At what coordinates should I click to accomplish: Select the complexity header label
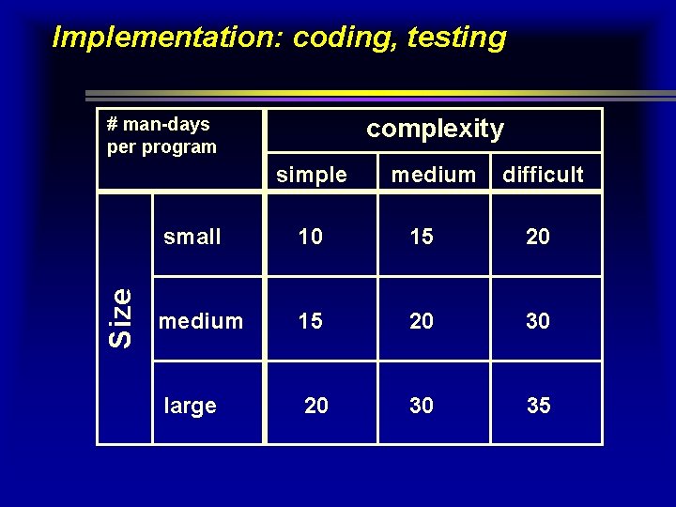[435, 129]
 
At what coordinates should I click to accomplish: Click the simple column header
[312, 175]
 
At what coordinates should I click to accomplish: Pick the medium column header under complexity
[434, 175]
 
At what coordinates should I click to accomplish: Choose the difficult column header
[543, 175]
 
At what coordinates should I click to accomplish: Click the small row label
[192, 237]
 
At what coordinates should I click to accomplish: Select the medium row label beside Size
[201, 321]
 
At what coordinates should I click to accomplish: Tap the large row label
[191, 406]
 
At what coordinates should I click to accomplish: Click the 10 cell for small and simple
[311, 237]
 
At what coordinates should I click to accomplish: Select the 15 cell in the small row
[422, 237]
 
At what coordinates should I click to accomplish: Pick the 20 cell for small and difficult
[538, 237]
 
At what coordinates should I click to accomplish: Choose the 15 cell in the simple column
[311, 321]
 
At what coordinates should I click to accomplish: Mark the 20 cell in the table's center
[422, 321]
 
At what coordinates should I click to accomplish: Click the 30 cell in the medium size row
[538, 321]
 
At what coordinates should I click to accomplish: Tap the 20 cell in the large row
[316, 406]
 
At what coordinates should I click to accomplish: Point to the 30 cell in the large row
[422, 406]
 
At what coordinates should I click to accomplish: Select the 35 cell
[539, 406]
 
